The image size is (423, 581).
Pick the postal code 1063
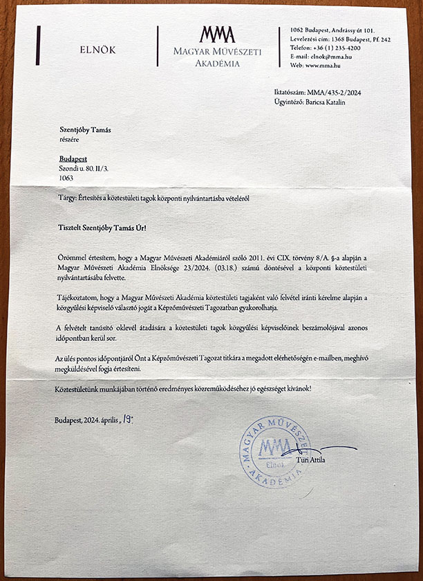66,178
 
